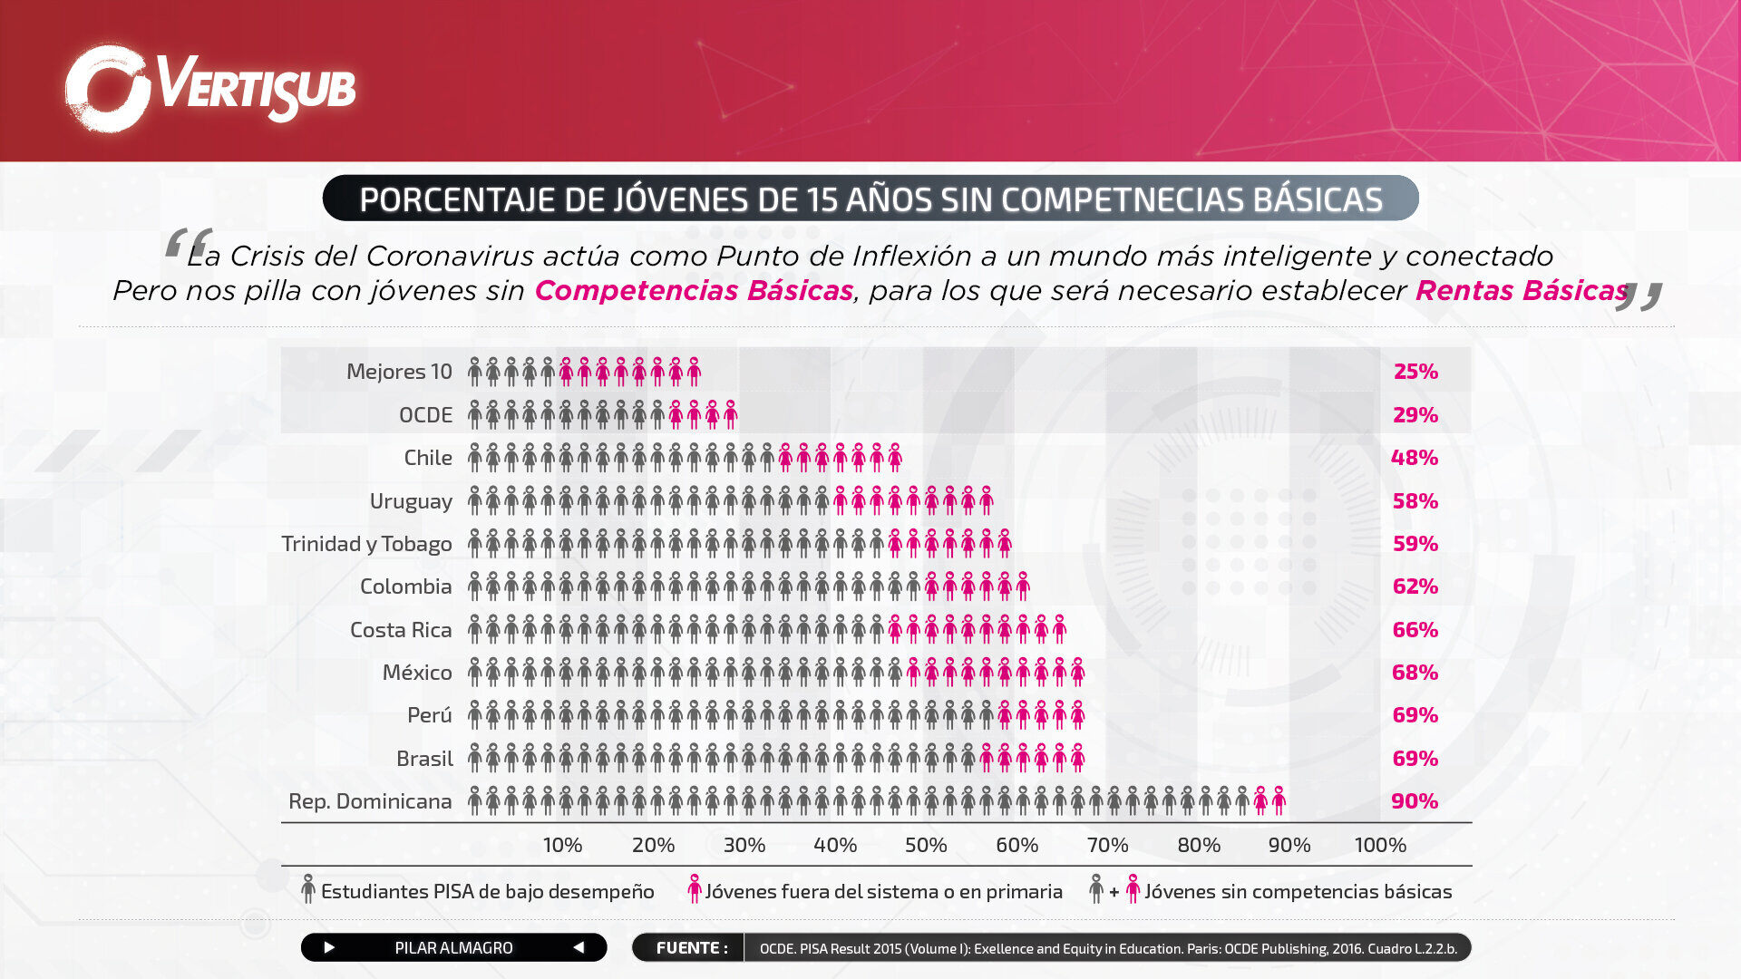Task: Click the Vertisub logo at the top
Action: tap(210, 88)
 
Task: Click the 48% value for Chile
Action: tap(1415, 458)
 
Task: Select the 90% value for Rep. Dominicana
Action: tap(1415, 801)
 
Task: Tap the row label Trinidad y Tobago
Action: tap(366, 544)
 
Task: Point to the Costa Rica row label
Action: tap(401, 630)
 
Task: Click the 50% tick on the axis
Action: tap(926, 845)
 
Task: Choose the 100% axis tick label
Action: tap(1380, 845)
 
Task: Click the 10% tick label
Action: tap(562, 845)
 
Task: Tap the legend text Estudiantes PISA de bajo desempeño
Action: tap(487, 892)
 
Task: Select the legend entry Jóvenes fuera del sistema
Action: tap(883, 892)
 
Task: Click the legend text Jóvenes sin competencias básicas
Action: tap(1298, 892)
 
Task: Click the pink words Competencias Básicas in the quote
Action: tap(694, 291)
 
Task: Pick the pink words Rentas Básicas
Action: tap(1522, 291)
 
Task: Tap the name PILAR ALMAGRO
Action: tap(453, 948)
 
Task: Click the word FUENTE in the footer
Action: tap(691, 948)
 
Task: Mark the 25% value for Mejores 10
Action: tap(1415, 372)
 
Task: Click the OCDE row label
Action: tap(425, 415)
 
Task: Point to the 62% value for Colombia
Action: tap(1415, 586)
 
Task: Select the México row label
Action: tap(416, 673)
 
